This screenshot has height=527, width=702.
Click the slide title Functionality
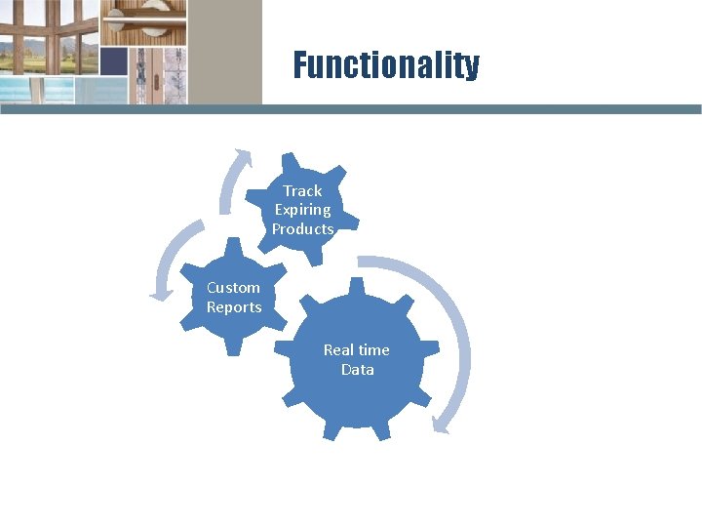click(x=386, y=65)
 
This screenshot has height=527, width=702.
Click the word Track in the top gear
click(x=302, y=190)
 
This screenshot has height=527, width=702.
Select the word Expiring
click(x=302, y=210)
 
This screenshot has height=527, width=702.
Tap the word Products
click(x=302, y=229)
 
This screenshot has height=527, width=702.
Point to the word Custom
click(x=233, y=288)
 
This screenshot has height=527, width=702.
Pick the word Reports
click(x=234, y=307)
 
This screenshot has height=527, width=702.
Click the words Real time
click(x=356, y=349)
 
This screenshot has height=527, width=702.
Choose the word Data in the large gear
click(x=357, y=370)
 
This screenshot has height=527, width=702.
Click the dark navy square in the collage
click(x=114, y=61)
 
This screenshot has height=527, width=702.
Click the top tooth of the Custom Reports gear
click(x=234, y=245)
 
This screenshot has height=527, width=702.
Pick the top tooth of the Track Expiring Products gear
click(x=290, y=159)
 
